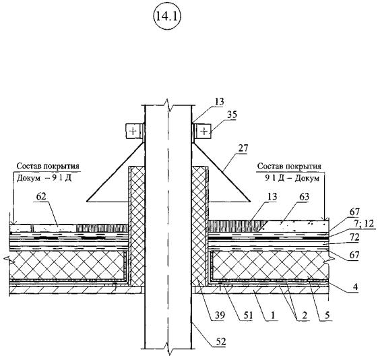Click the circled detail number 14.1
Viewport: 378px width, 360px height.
(x=167, y=17)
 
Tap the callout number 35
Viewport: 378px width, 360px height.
(x=232, y=115)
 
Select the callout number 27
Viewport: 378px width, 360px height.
(x=243, y=148)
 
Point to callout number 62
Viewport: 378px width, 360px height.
(x=41, y=197)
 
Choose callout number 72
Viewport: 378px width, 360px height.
(x=354, y=237)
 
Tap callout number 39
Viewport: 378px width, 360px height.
(x=219, y=315)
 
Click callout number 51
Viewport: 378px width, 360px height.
(x=247, y=315)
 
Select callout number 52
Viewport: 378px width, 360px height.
(x=220, y=341)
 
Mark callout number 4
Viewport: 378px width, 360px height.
(x=355, y=287)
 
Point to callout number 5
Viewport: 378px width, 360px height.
(x=327, y=315)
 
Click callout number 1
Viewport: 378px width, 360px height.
(x=272, y=315)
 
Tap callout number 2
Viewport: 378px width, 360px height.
(x=305, y=315)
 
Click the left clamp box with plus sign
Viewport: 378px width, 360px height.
(x=133, y=131)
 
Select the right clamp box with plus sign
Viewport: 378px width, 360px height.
(x=204, y=131)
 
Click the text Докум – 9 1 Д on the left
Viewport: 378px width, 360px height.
(x=44, y=179)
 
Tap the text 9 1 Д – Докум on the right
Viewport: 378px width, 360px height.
(x=292, y=178)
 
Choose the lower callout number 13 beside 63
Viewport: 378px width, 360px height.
(x=272, y=197)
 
